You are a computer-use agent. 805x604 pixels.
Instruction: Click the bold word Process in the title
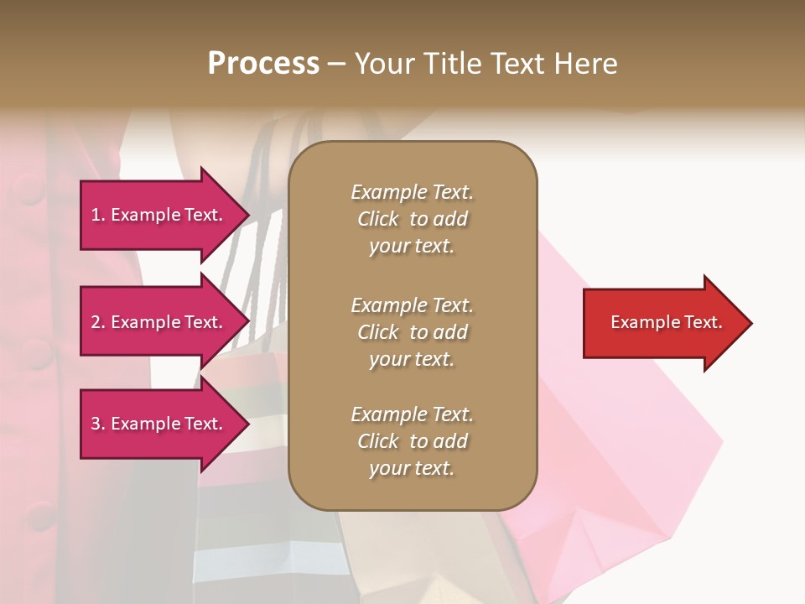pyautogui.click(x=263, y=64)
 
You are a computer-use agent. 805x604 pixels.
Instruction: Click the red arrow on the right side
pyautogui.click(x=662, y=323)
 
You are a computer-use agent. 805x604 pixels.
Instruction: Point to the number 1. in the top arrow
pyautogui.click(x=98, y=215)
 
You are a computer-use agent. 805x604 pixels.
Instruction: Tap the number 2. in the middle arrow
pyautogui.click(x=98, y=322)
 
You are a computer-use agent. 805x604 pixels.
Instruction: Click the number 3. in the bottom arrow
pyautogui.click(x=98, y=424)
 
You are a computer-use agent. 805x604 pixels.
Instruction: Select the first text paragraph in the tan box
pyautogui.click(x=412, y=219)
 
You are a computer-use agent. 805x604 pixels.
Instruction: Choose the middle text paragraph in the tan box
pyautogui.click(x=412, y=332)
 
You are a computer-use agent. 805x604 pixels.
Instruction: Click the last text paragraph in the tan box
pyautogui.click(x=412, y=441)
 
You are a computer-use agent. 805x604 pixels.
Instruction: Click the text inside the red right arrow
pyautogui.click(x=666, y=322)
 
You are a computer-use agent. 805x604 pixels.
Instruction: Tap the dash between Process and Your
pyautogui.click(x=337, y=64)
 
